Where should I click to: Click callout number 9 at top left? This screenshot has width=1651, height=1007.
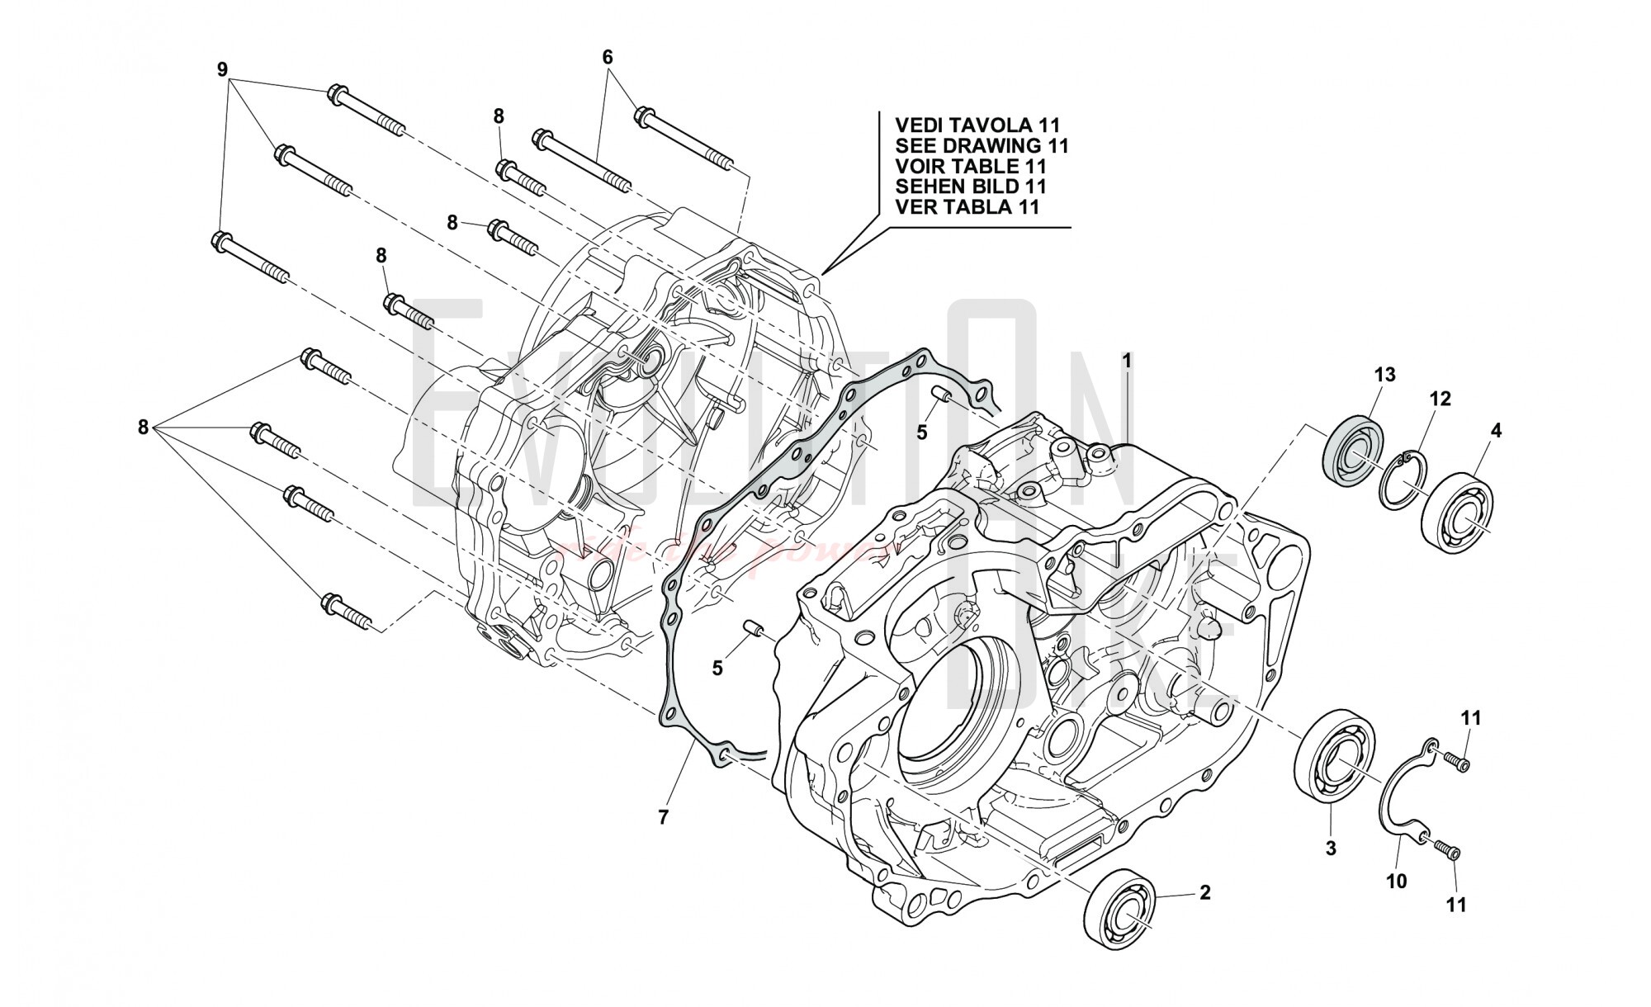tap(222, 70)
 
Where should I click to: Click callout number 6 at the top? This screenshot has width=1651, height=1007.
tap(608, 57)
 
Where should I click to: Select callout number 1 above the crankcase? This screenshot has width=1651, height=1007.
tap(1127, 361)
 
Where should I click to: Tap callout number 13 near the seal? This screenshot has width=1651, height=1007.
tap(1384, 375)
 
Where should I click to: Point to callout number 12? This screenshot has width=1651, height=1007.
tap(1440, 399)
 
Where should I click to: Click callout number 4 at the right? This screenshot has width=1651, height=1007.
tap(1496, 430)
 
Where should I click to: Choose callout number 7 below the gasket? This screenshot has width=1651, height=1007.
tap(663, 817)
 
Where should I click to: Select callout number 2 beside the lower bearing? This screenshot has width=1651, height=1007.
tap(1204, 892)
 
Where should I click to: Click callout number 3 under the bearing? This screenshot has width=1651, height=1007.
tap(1331, 848)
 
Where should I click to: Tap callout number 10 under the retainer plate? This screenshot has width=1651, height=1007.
tap(1396, 882)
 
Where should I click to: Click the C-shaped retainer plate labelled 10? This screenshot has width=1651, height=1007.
tap(1403, 792)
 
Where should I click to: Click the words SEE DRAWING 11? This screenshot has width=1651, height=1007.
tap(982, 146)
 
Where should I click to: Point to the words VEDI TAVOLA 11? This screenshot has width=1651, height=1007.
tap(977, 125)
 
